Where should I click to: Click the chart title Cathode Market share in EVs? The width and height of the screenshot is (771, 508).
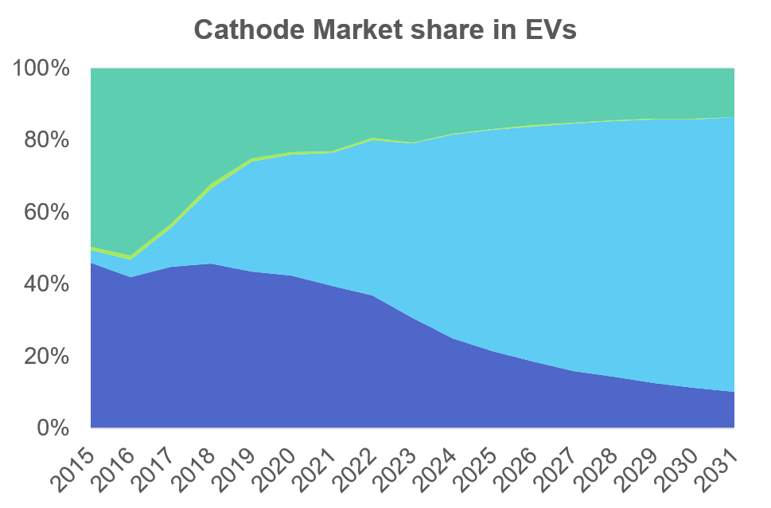pyautogui.click(x=385, y=30)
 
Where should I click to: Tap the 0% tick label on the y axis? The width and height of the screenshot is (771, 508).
pyautogui.click(x=52, y=428)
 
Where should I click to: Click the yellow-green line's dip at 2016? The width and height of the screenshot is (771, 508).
pyautogui.click(x=131, y=258)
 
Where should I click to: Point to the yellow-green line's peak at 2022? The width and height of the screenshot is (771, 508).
pyautogui.click(x=372, y=139)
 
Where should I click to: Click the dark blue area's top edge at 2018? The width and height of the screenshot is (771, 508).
pyautogui.click(x=212, y=264)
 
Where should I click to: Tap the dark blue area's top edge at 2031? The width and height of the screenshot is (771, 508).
pyautogui.click(x=733, y=392)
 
